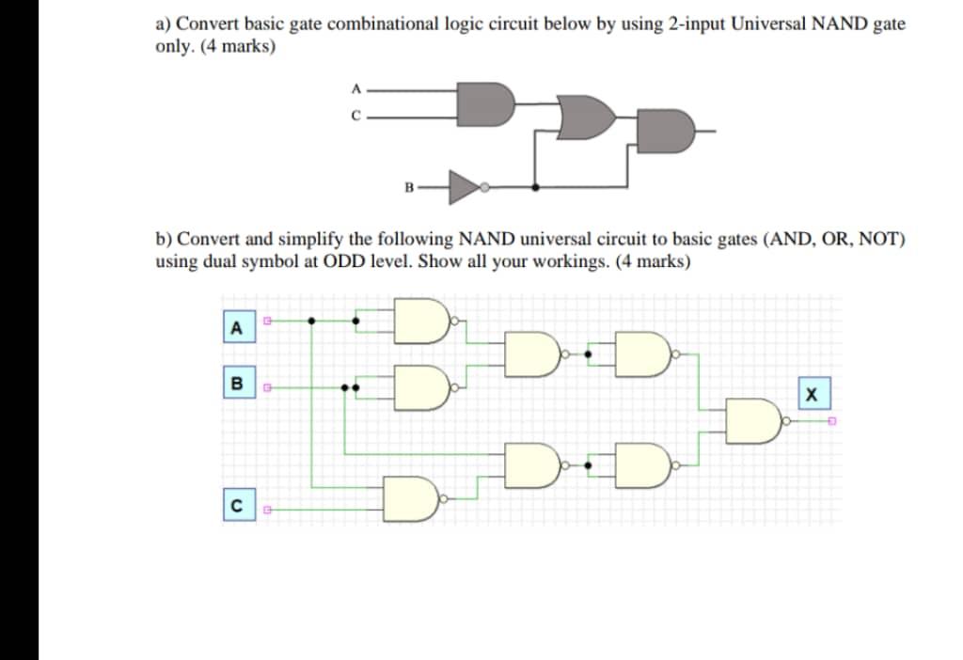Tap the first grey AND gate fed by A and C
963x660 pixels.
[x=485, y=102]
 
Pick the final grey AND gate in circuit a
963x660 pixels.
[x=668, y=132]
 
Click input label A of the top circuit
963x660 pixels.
[x=355, y=89]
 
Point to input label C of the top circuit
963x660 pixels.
[x=355, y=118]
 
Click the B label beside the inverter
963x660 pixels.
[x=408, y=187]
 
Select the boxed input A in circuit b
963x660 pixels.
[x=236, y=327]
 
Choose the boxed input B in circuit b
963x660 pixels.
[x=236, y=384]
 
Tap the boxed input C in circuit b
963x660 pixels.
[x=236, y=508]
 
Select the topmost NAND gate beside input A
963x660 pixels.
[x=420, y=322]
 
